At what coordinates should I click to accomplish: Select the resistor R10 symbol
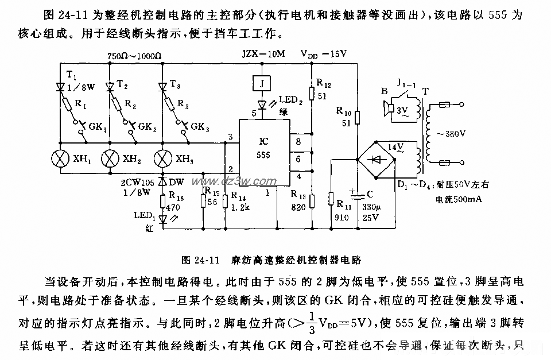point(356,118)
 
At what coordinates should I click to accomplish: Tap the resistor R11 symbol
point(331,199)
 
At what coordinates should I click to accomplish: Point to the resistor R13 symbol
point(312,200)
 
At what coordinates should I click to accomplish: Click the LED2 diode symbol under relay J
point(262,104)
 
